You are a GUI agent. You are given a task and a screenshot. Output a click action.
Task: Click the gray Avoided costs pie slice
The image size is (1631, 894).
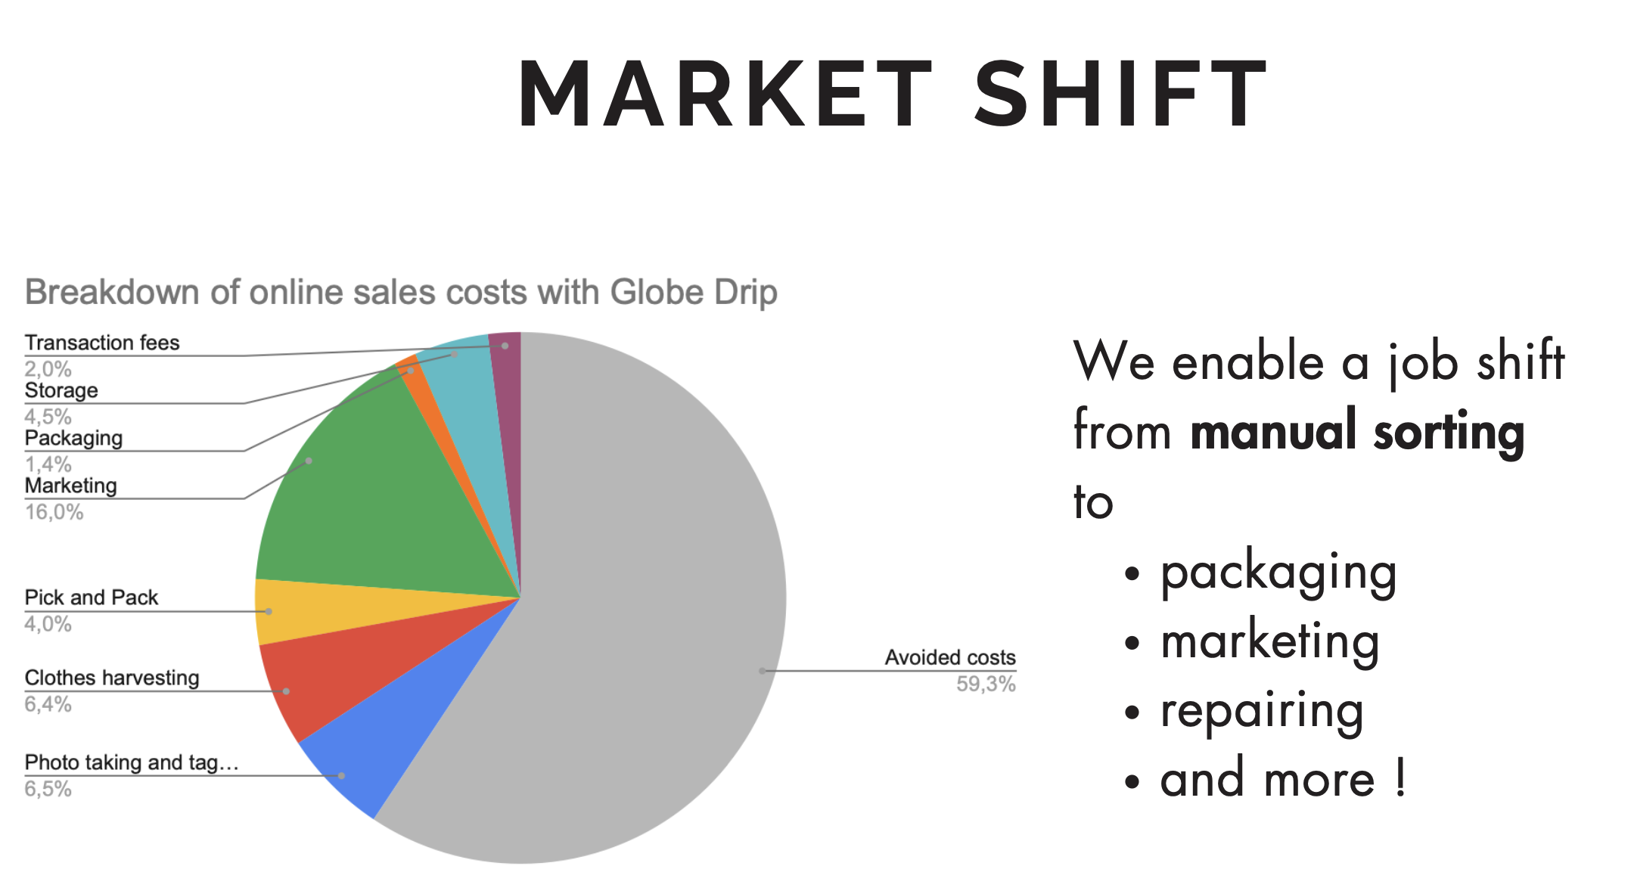pyautogui.click(x=651, y=605)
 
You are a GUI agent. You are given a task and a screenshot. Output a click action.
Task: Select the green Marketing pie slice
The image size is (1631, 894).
pyautogui.click(x=363, y=499)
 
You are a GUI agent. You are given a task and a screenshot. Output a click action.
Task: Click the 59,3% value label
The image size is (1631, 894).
pyautogui.click(x=986, y=684)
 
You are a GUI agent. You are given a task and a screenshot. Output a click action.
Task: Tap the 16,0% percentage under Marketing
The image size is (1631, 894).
pyautogui.click(x=54, y=513)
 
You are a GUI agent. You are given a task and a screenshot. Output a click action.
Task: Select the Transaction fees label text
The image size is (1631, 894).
pyautogui.click(x=102, y=343)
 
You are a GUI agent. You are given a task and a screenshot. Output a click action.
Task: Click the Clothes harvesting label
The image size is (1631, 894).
pyautogui.click(x=112, y=678)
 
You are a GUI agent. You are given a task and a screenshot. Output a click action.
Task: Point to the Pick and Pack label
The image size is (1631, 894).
pyautogui.click(x=92, y=598)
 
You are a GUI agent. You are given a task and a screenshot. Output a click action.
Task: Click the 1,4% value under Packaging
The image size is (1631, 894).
pyautogui.click(x=48, y=464)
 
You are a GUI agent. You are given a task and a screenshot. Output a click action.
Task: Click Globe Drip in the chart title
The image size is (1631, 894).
pyautogui.click(x=694, y=293)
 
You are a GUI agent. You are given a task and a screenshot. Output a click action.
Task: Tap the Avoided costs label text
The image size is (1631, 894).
pyautogui.click(x=950, y=657)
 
